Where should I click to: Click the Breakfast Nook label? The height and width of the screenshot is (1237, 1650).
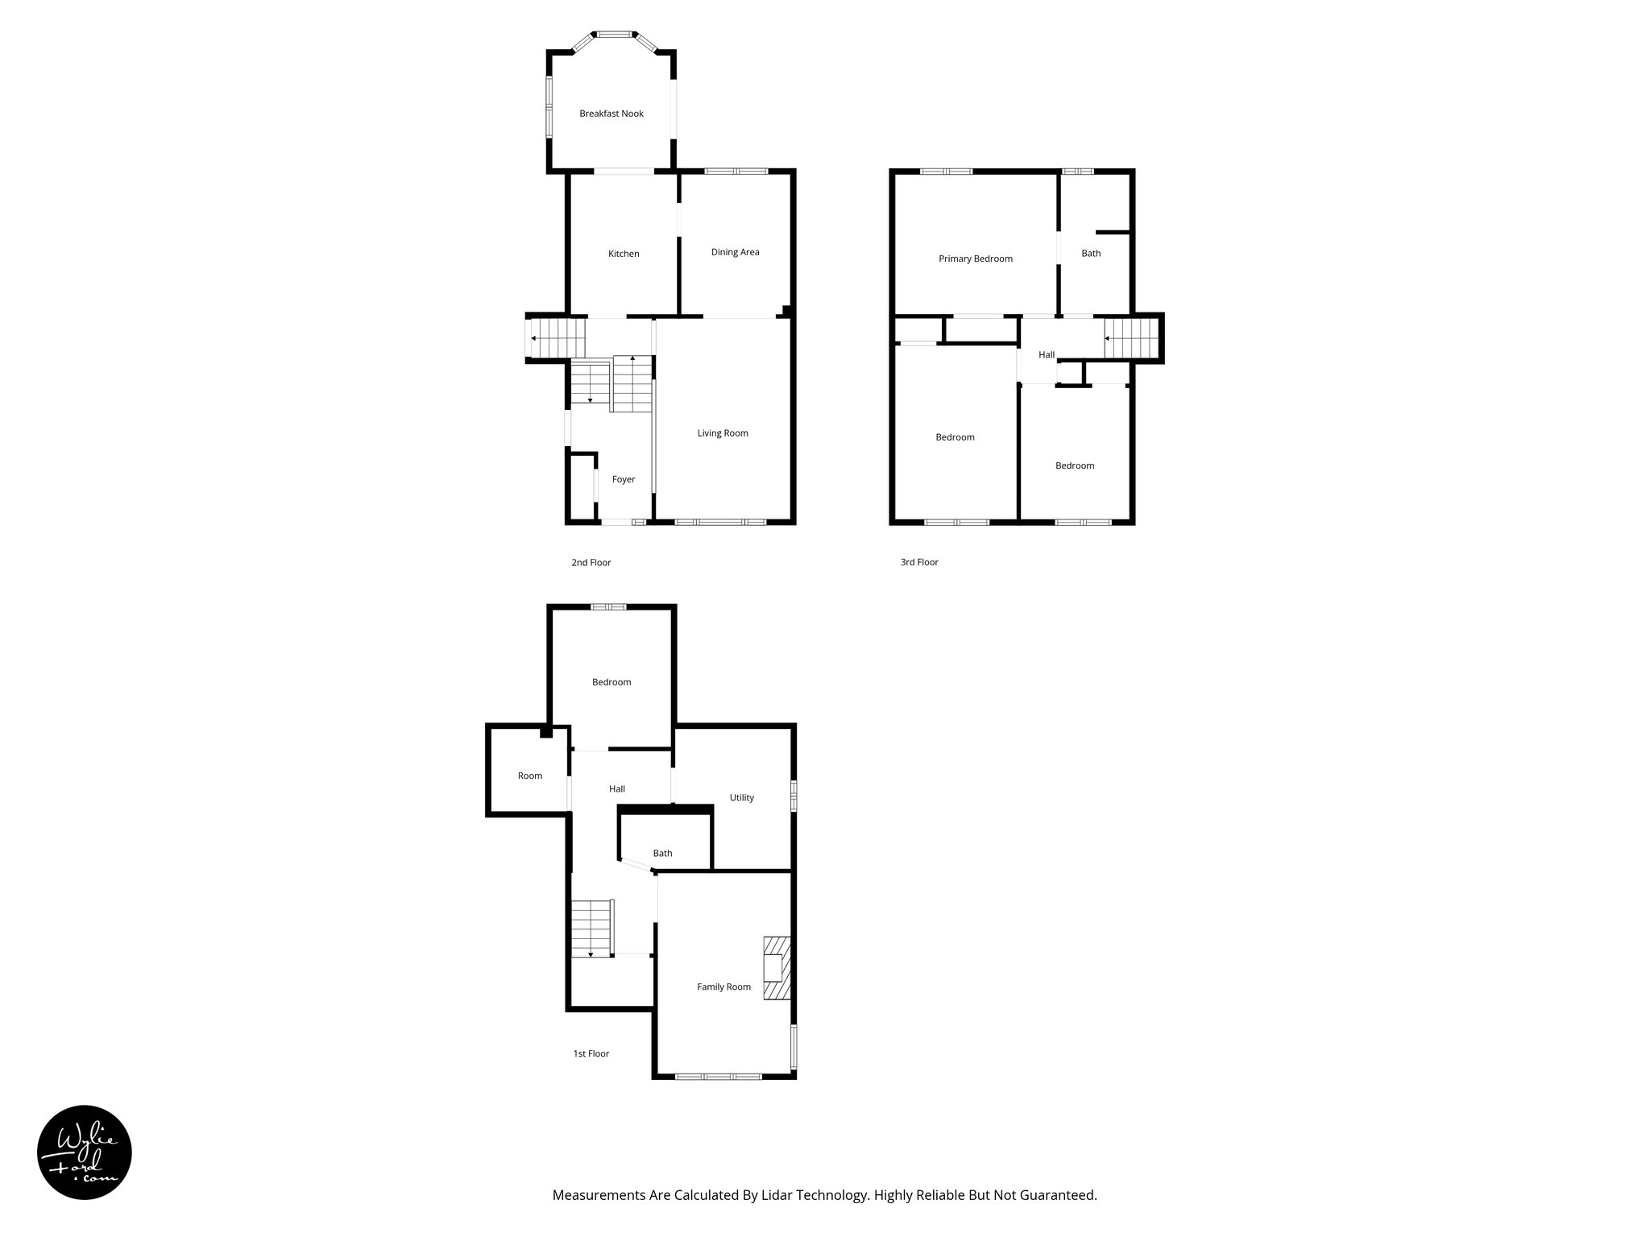click(x=611, y=114)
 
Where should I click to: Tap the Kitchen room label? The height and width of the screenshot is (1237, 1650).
click(x=624, y=254)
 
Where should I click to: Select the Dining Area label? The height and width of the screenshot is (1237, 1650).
click(x=735, y=252)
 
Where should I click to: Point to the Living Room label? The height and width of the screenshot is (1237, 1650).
click(x=723, y=433)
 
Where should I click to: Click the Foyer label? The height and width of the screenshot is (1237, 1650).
click(x=624, y=479)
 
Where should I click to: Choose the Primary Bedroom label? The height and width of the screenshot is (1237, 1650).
click(x=975, y=259)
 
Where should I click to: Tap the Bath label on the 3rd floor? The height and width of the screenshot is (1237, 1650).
click(x=1091, y=253)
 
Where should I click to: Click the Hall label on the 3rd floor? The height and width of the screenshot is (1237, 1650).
click(x=1046, y=354)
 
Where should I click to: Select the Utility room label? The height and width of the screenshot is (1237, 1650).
click(x=741, y=797)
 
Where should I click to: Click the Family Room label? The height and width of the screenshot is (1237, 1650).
click(x=723, y=987)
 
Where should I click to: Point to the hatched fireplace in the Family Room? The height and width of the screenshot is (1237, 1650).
click(x=777, y=968)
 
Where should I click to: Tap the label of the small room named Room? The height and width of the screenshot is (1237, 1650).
click(x=529, y=776)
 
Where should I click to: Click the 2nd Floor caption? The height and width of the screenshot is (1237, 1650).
click(x=591, y=562)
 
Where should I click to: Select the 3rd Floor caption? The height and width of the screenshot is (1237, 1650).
click(x=918, y=562)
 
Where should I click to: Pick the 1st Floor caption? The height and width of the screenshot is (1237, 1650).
click(x=591, y=1053)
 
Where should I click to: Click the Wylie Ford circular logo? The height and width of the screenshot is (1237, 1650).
click(x=85, y=1152)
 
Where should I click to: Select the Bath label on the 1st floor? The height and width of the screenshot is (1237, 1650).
click(x=662, y=853)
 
